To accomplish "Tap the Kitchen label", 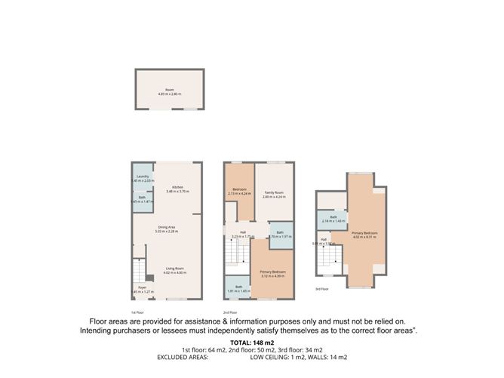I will tap(177, 189).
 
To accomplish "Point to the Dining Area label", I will tap(167, 229).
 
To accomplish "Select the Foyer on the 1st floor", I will tap(141, 289).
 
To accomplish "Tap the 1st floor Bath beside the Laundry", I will tap(141, 200).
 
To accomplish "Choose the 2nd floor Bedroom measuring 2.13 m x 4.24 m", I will tap(238, 191).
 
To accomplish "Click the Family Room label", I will tap(272, 194).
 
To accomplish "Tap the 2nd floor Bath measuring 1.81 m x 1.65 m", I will tap(238, 288).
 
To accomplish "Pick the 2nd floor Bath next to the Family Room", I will tap(279, 235).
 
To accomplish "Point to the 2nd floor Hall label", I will tap(243, 234).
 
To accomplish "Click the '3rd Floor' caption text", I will tap(323, 289).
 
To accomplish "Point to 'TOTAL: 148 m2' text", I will tap(251, 342).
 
